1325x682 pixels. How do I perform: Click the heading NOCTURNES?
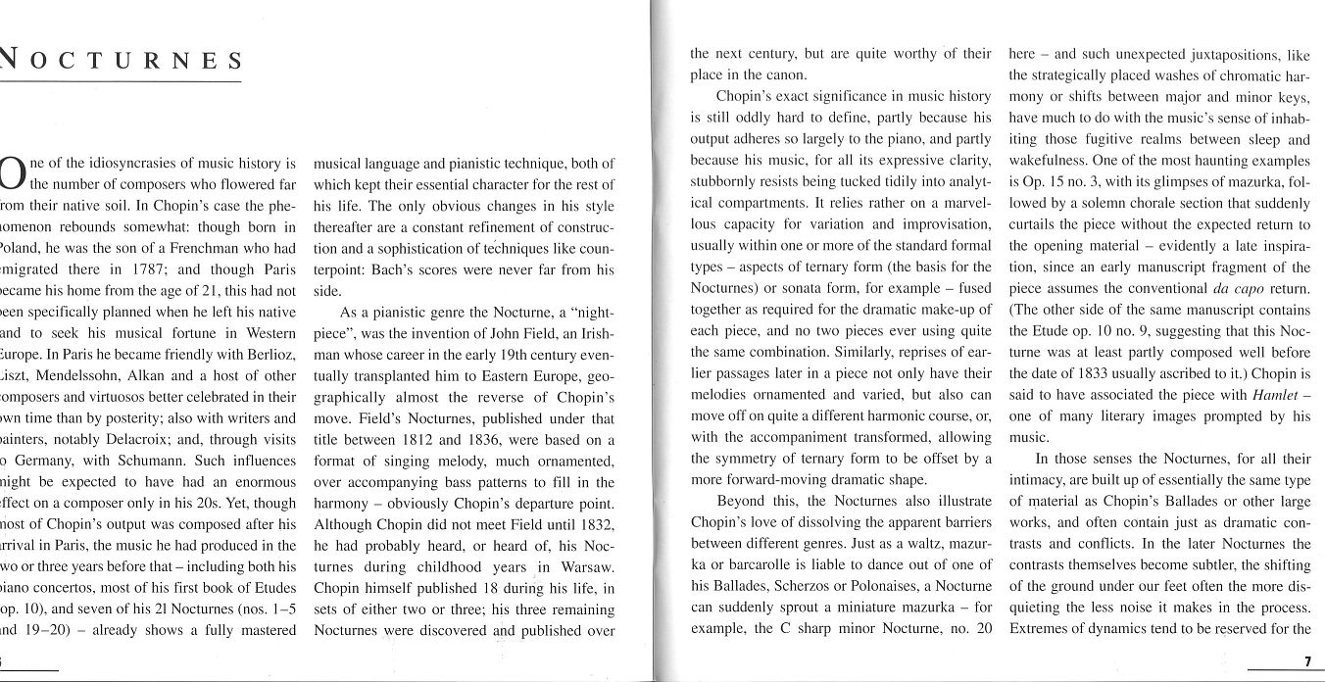point(122,61)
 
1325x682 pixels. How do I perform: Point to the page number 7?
point(1307,661)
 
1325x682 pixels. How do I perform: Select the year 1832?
point(594,524)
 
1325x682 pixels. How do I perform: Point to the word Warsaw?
point(587,567)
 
